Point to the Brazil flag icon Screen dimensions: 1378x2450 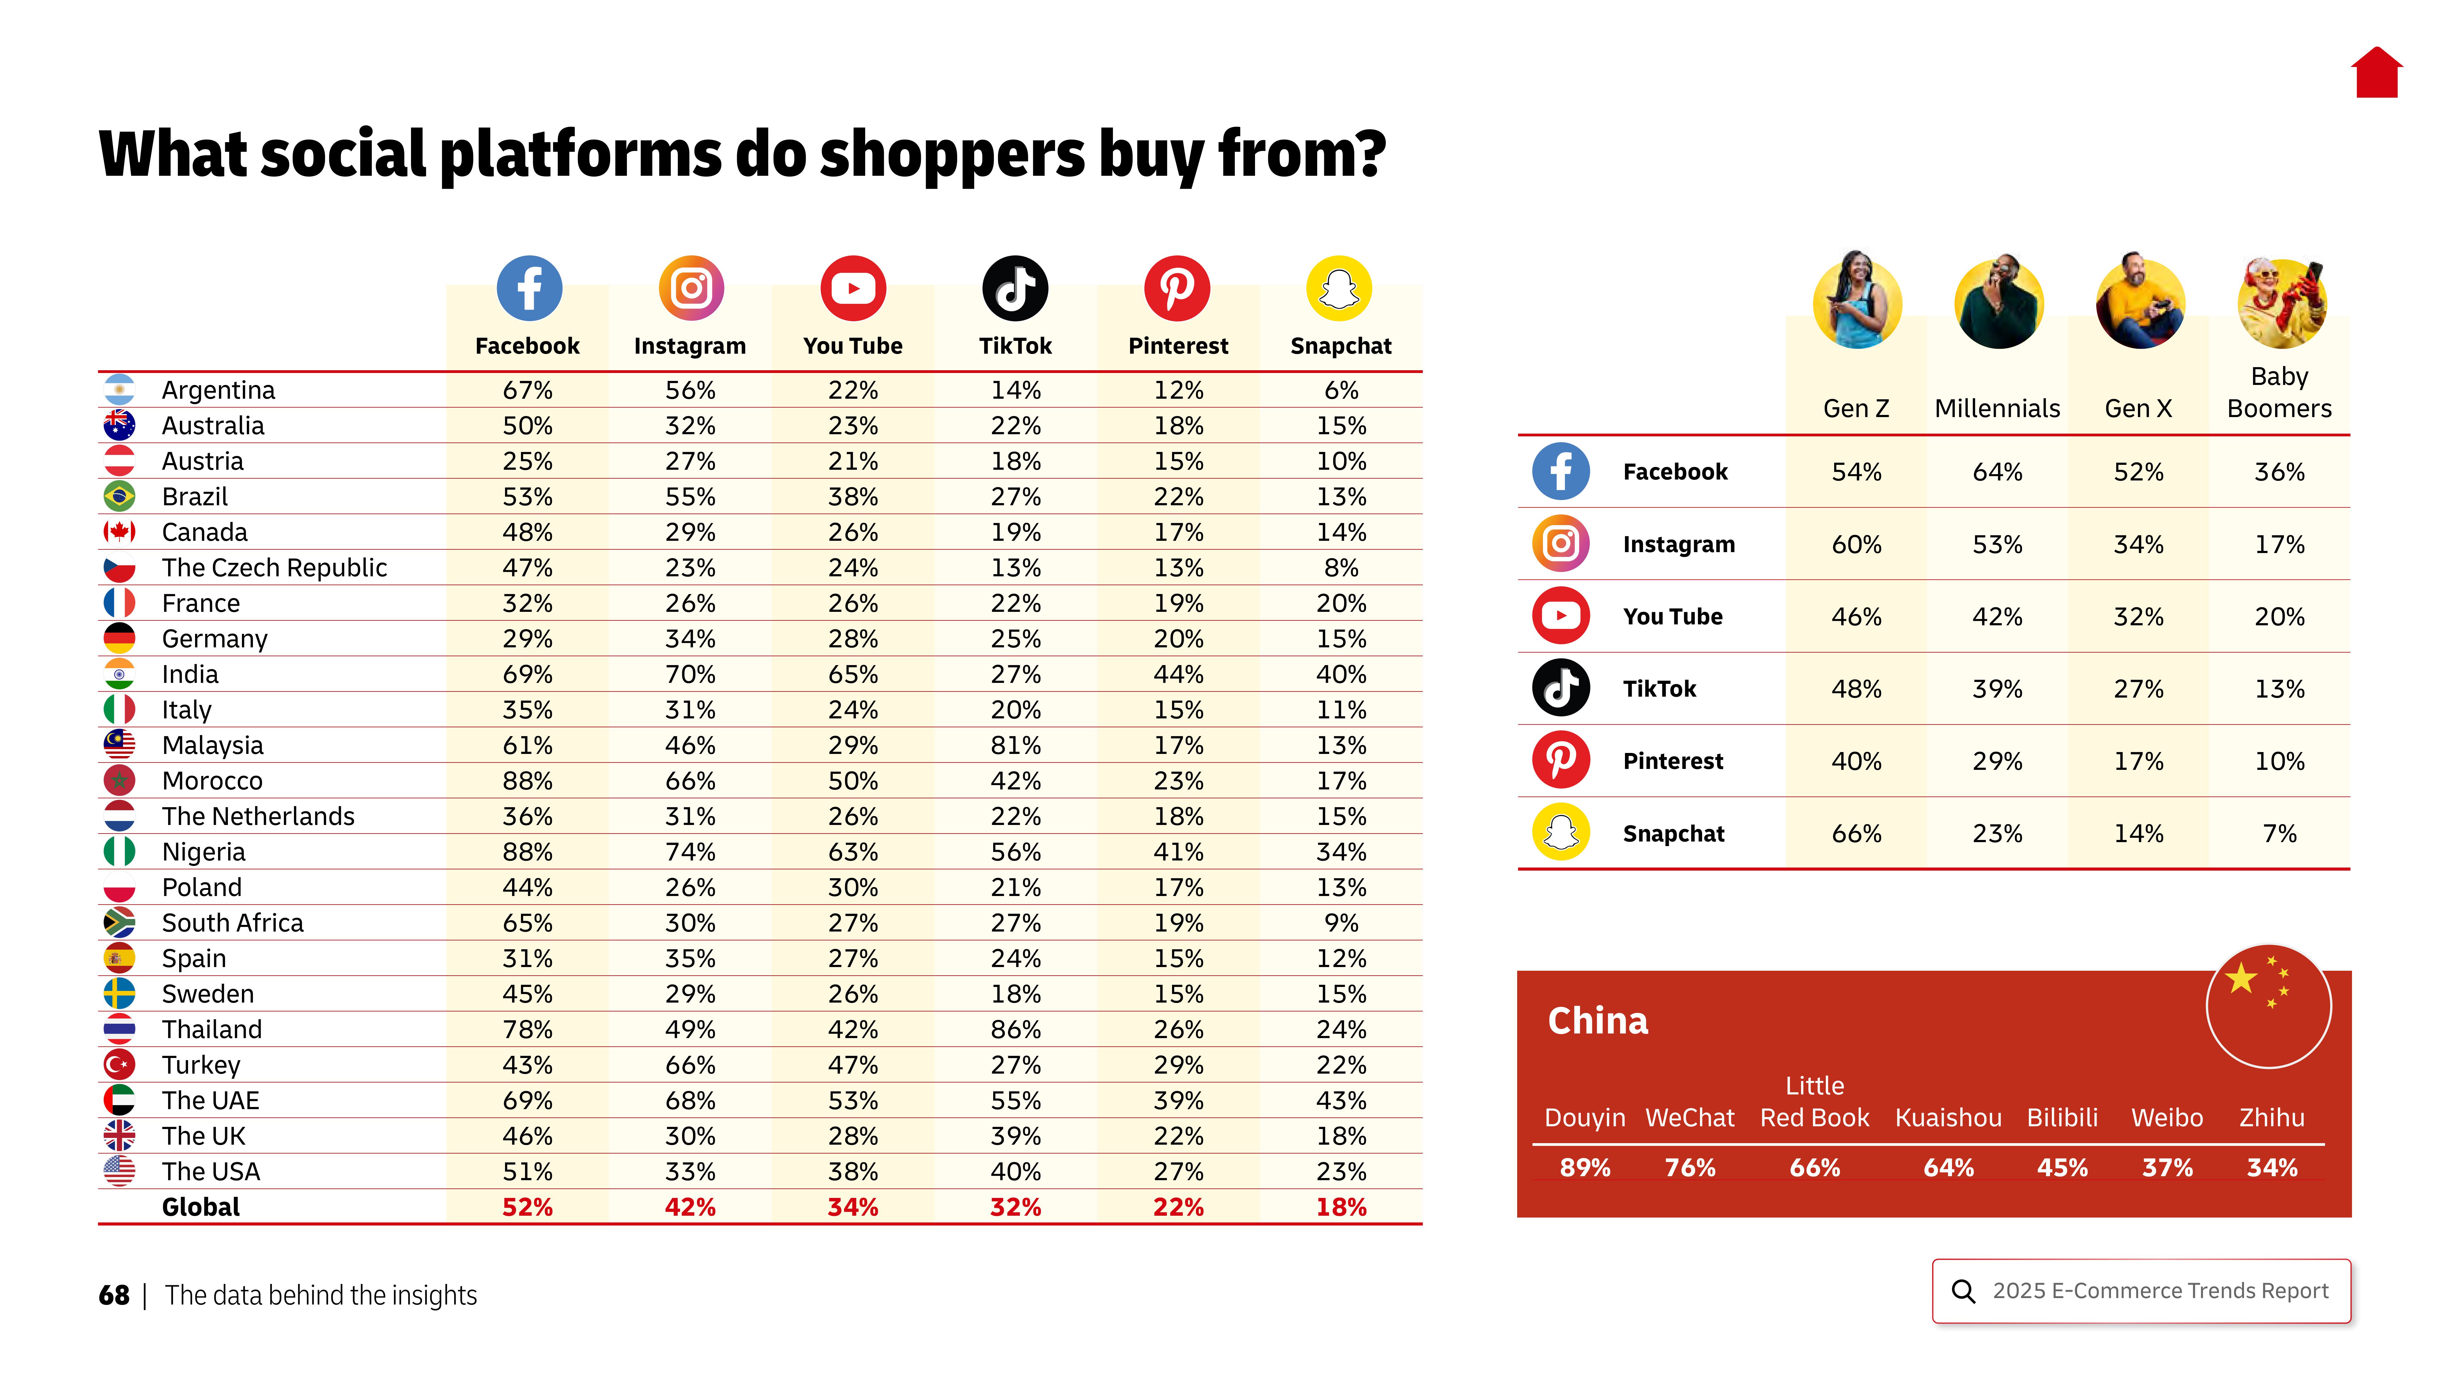[x=119, y=496]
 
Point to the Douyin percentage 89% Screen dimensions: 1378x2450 [x=1585, y=1168]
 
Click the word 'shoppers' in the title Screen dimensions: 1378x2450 [x=951, y=154]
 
